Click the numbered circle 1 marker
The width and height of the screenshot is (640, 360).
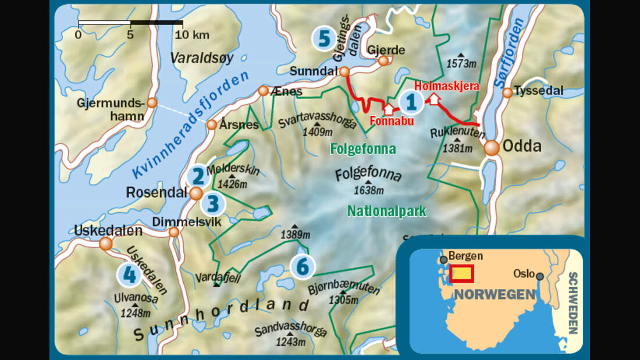411,102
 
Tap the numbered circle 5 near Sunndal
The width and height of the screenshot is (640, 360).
323,38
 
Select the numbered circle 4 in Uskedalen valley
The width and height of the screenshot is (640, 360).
129,275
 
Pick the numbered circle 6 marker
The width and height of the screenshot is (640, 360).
303,266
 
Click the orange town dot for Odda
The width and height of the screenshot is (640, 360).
492,148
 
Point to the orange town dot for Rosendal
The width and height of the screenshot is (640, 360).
196,193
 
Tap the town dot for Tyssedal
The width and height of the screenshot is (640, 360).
507,92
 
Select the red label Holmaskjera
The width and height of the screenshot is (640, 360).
446,86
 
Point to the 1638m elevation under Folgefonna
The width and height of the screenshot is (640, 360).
369,190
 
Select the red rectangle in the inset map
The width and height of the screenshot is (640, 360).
461,273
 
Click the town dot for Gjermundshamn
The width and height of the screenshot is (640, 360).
152,103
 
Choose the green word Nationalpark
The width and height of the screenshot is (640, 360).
386,212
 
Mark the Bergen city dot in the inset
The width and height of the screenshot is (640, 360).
444,259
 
